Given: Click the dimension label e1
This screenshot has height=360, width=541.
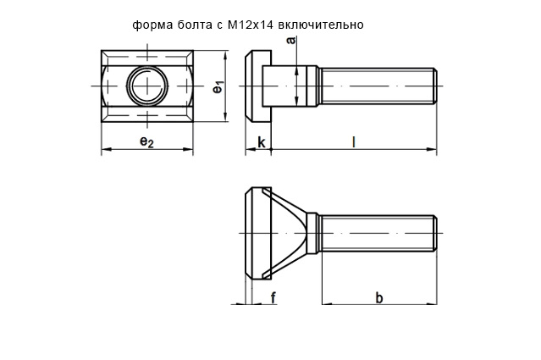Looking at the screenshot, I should [x=218, y=86].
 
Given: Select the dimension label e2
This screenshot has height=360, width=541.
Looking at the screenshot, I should [x=146, y=142].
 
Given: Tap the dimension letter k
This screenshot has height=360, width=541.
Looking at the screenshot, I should [x=262, y=142].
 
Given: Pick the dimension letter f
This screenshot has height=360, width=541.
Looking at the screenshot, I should [x=273, y=296].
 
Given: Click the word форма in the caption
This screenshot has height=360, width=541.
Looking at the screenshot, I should [x=151, y=25].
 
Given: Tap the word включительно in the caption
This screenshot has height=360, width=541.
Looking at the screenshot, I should [x=326, y=25].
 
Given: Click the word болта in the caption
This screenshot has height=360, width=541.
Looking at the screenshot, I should [x=192, y=25].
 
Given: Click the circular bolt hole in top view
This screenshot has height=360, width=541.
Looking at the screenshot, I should [x=146, y=86].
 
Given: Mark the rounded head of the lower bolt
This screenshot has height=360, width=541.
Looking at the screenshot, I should [x=252, y=231].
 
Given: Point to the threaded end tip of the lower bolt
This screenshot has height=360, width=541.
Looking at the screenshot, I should [x=434, y=231].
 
